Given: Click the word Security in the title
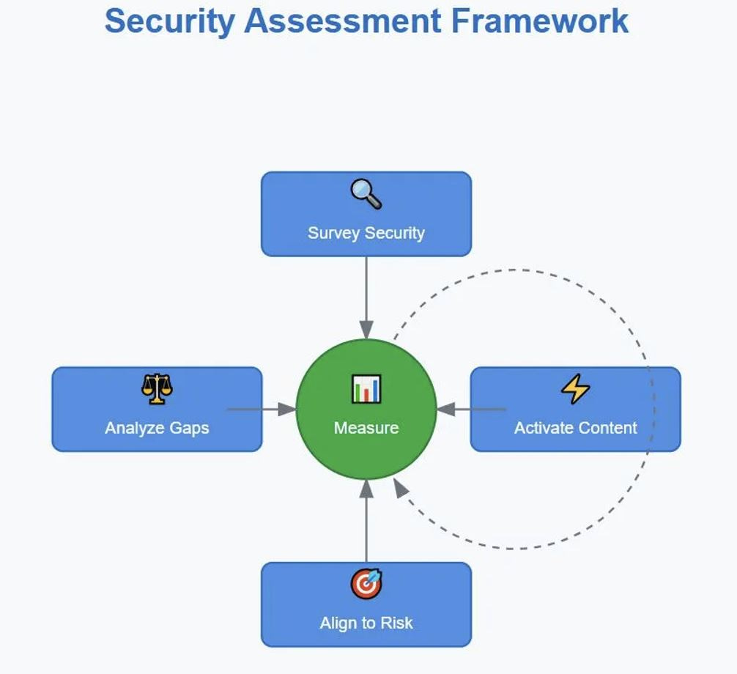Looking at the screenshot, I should point(170,21).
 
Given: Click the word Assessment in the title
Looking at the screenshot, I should point(343,21).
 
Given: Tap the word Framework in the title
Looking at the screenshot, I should point(539,21).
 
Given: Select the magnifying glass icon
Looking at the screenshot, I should point(366,194).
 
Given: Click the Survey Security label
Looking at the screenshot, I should point(366,233).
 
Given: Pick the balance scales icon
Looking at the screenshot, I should point(157,389).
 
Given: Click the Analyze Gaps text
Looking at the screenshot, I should point(157,428).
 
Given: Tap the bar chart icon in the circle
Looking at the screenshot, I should point(366,389).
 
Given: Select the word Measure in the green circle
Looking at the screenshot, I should point(366,428).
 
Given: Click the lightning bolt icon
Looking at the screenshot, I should point(575,389).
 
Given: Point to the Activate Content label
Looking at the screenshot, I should point(575,428).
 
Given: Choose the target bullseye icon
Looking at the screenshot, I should point(366,584).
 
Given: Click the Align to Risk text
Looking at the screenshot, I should point(366,623).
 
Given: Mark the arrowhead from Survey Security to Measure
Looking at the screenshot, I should point(366,331).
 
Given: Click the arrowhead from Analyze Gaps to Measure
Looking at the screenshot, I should point(288,409).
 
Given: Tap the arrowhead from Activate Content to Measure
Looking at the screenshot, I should point(445,409).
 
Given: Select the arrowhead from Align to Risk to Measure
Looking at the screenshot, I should point(366,488).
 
